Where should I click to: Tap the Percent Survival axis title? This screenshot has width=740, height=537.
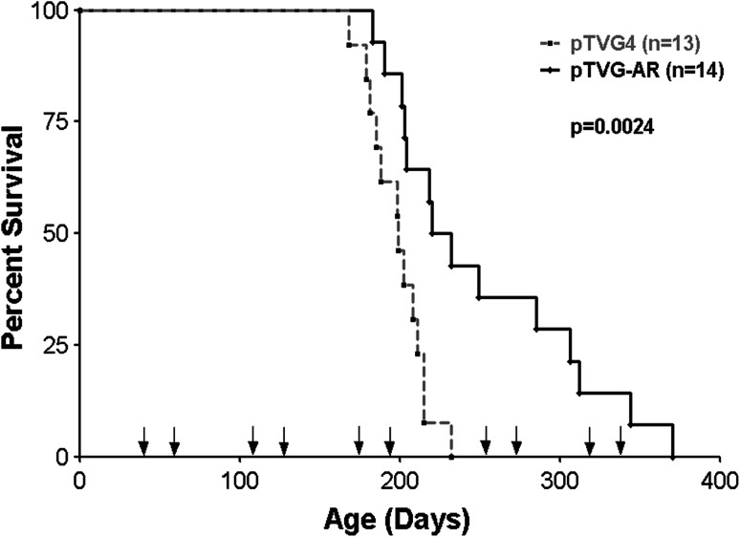(25, 233)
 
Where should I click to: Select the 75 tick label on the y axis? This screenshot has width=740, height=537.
(50, 122)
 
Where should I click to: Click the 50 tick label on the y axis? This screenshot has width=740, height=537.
(50, 233)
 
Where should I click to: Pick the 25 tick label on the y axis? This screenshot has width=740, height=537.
(50, 345)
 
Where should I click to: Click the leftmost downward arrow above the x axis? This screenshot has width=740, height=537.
(143, 441)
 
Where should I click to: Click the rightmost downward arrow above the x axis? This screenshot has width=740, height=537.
(620, 441)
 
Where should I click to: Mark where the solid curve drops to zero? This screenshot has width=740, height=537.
(673, 456)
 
